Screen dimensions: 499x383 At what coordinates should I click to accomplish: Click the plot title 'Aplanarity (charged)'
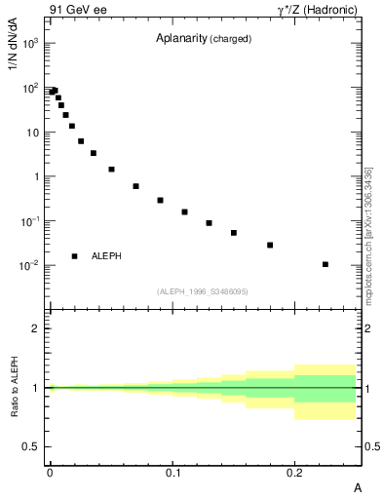point(204,39)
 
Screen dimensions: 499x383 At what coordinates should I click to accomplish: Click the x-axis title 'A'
point(358,487)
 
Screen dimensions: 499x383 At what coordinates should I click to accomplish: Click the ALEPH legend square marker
point(74,256)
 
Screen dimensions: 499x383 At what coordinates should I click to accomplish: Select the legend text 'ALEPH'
point(106,256)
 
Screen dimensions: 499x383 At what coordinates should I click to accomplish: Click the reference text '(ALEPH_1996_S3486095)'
point(203,291)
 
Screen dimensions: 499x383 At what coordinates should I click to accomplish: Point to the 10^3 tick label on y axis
point(31,44)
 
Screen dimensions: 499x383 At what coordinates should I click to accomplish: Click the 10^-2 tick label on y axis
point(31,265)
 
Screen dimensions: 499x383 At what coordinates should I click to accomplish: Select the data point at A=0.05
point(111,170)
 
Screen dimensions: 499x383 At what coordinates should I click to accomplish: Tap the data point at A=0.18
point(270,245)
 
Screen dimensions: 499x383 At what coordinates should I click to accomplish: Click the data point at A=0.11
point(184,211)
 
